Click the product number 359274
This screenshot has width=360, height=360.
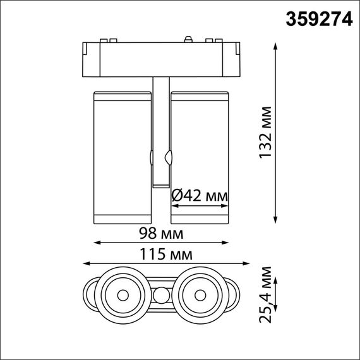pos(318,19)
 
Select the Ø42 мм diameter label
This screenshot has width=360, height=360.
pos(200,197)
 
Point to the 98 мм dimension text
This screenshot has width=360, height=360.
pos(161,234)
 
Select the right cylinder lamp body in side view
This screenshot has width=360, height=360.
pos(199,158)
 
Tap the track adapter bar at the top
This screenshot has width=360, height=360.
pos(161,58)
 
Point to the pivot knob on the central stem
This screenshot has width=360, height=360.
pos(168,156)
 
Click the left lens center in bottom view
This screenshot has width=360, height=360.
pos(121,294)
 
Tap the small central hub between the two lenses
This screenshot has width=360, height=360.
pos(161,294)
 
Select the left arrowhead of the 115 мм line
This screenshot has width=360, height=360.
pos(85,263)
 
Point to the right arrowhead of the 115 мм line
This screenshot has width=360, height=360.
pos(237,263)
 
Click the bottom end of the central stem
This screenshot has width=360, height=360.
pos(161,186)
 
